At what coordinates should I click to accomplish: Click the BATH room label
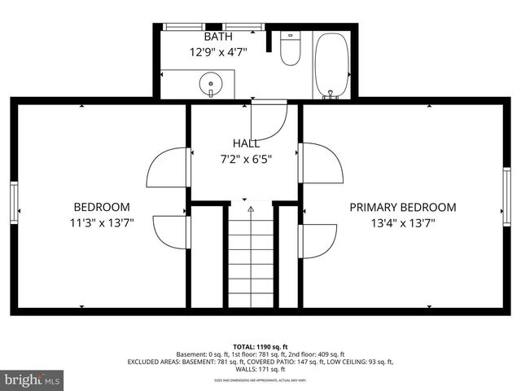[x=217, y=37]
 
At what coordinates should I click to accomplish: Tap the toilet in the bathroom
[x=290, y=49]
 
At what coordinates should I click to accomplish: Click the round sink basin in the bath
[x=211, y=82]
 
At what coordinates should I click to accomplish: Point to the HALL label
[x=246, y=143]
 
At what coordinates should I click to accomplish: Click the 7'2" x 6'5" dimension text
[x=246, y=159]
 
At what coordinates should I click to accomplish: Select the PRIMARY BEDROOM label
[x=403, y=207]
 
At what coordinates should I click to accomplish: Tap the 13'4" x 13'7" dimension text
[x=403, y=223]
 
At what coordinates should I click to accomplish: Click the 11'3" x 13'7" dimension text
[x=102, y=223]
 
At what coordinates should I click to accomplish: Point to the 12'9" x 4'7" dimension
[x=217, y=51]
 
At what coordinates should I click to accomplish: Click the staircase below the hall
[x=251, y=261]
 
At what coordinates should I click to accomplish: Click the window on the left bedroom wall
[x=14, y=201]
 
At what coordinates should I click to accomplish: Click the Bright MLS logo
[x=33, y=380]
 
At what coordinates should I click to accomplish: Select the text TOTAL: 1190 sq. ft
[x=260, y=346]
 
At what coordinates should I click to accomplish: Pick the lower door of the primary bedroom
[x=318, y=241]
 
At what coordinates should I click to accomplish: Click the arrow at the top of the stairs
[x=251, y=209]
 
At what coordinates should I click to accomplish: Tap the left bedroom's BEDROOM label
[x=102, y=207]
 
